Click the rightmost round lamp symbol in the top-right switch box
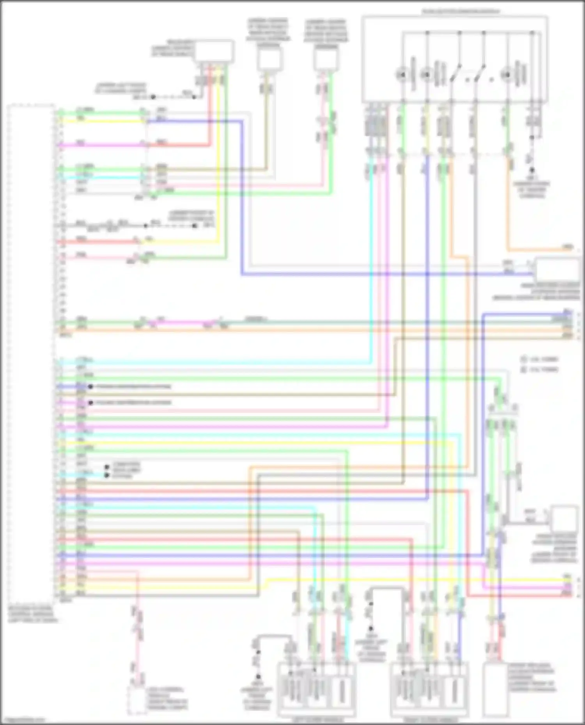(x=507, y=74)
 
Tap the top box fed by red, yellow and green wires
(x=214, y=51)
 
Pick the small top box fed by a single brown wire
(x=269, y=59)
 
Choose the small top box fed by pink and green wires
(x=326, y=59)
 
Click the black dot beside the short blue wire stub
(x=90, y=387)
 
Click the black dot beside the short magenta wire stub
(x=90, y=402)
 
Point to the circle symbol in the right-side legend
(x=524, y=359)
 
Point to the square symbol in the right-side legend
(x=524, y=369)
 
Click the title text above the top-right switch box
(x=460, y=12)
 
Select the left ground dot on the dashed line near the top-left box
(x=153, y=97)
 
